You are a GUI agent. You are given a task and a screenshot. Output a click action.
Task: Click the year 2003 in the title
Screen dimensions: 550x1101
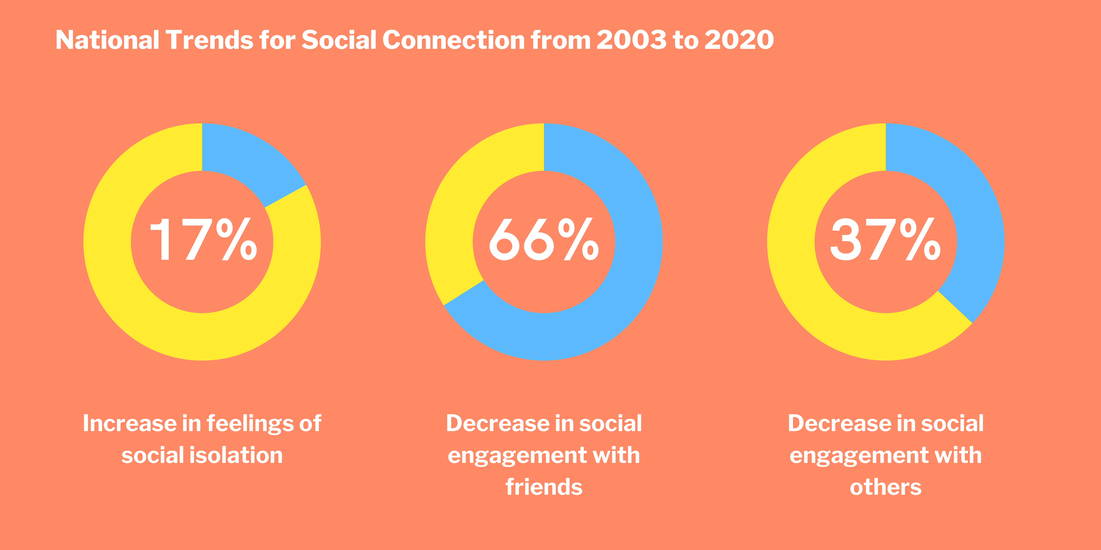coord(631,40)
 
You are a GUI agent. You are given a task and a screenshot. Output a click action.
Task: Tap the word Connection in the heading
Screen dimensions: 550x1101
coord(453,40)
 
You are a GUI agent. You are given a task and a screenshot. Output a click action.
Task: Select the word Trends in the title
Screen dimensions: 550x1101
coord(209,40)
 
